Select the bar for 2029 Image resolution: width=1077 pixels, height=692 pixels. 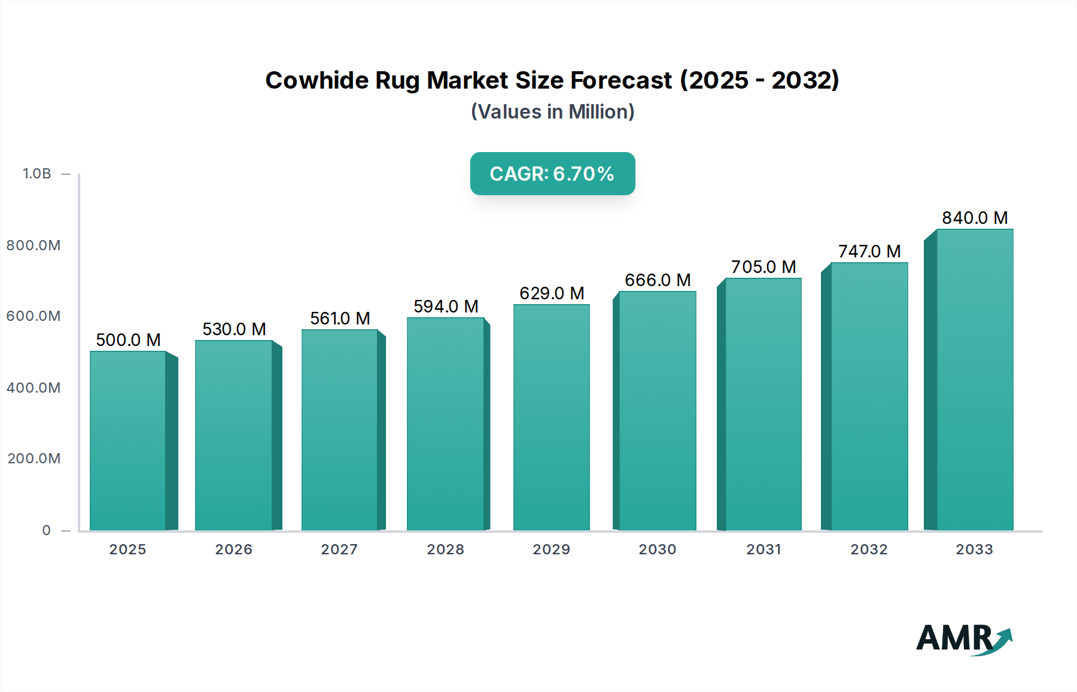(x=551, y=417)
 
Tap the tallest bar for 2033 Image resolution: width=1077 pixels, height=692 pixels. (x=975, y=380)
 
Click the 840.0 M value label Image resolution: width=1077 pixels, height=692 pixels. (x=975, y=218)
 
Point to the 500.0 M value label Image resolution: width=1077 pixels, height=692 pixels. (x=128, y=340)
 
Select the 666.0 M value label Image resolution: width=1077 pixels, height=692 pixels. (x=658, y=280)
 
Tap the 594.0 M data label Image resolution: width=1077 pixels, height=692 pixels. (x=446, y=306)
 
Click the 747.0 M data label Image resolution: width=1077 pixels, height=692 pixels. (x=869, y=251)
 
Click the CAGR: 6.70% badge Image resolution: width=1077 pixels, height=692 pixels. (x=552, y=174)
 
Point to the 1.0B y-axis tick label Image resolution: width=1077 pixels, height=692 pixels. (x=37, y=174)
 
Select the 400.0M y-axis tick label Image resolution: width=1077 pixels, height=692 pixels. (x=34, y=388)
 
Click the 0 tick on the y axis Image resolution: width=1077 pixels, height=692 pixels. (x=46, y=530)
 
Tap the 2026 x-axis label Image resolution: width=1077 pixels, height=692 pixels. (x=233, y=550)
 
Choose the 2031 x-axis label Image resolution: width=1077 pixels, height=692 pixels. (x=763, y=550)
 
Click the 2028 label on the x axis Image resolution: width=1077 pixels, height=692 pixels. (x=445, y=550)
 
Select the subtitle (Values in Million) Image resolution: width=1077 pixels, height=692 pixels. (x=552, y=112)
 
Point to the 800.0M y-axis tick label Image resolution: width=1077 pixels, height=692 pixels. (x=34, y=245)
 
